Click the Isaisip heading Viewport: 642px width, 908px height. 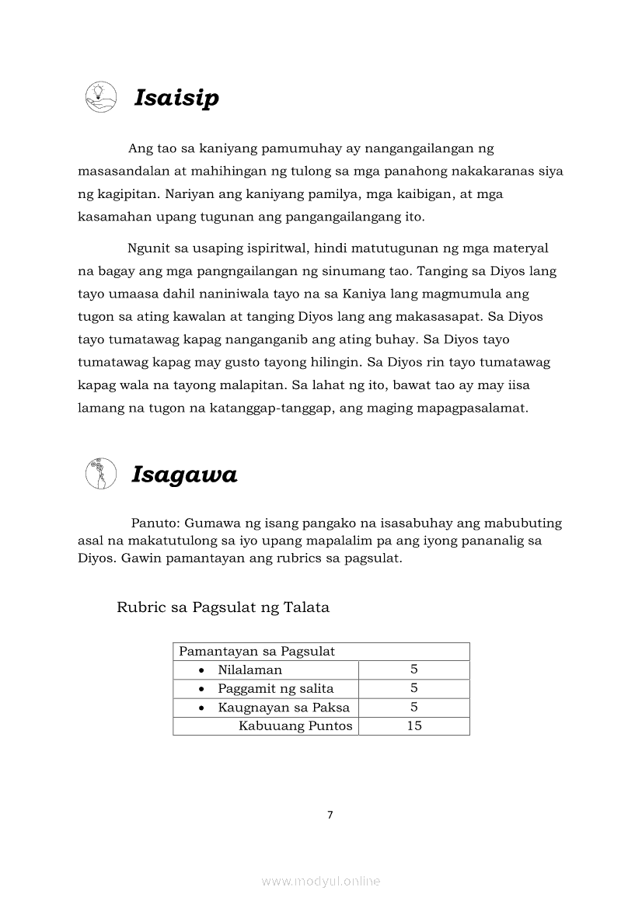click(x=176, y=99)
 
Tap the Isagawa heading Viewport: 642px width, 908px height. click(x=184, y=475)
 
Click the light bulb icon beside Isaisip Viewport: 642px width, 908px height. click(x=100, y=96)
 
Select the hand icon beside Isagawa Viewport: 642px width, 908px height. click(x=101, y=473)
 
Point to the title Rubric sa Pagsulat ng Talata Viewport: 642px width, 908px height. click(x=223, y=607)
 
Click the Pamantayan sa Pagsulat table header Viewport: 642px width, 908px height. click(x=257, y=652)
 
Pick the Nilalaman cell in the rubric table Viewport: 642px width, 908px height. click(x=249, y=670)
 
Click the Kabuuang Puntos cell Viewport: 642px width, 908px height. click(x=295, y=725)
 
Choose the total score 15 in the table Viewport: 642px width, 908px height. click(x=414, y=725)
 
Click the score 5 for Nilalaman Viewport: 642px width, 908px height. click(x=414, y=670)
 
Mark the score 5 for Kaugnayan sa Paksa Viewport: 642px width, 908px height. click(x=414, y=707)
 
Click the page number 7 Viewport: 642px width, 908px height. click(x=330, y=815)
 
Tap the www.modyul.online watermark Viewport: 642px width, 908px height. click(x=321, y=881)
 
